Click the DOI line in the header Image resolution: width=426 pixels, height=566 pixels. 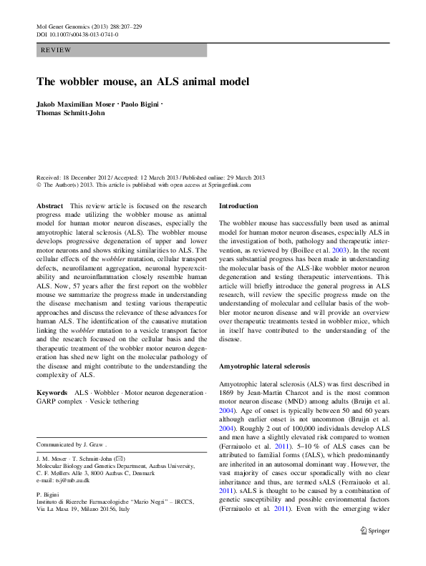77,34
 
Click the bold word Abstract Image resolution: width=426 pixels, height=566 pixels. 50,205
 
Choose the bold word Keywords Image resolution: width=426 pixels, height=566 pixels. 53,394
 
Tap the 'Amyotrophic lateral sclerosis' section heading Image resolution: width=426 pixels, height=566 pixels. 264,366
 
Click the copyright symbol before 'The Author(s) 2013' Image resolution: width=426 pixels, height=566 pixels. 39,185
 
